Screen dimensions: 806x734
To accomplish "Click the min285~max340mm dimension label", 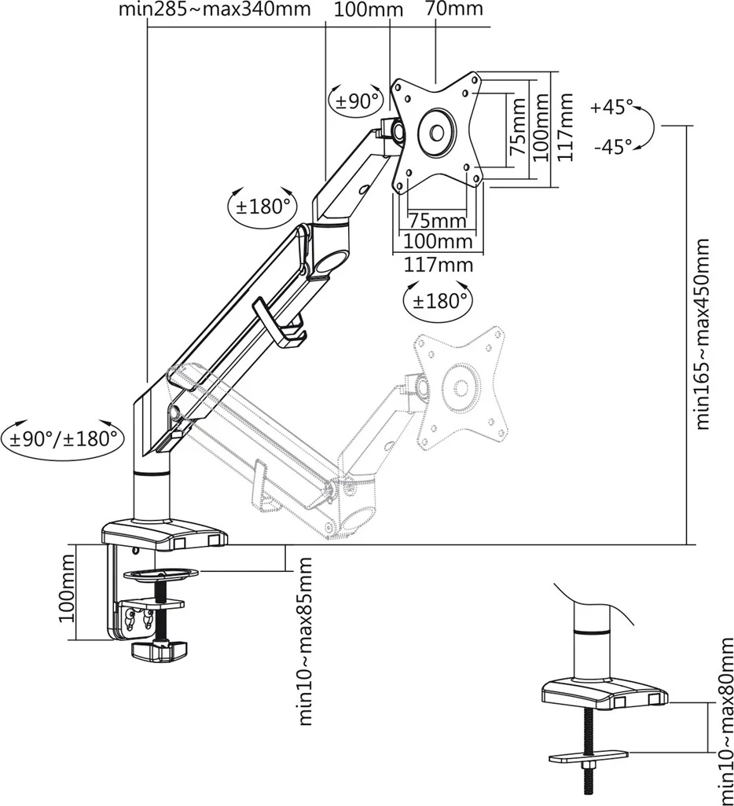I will (x=215, y=10).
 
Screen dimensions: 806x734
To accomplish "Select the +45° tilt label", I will (x=612, y=108).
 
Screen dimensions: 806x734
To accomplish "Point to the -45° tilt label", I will (x=612, y=146).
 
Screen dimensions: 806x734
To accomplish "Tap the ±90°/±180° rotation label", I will (x=63, y=438).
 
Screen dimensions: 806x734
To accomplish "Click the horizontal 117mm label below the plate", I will (x=439, y=265).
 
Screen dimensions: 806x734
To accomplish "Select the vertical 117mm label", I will (x=565, y=126).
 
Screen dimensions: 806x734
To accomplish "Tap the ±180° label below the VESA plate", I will (x=439, y=299).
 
